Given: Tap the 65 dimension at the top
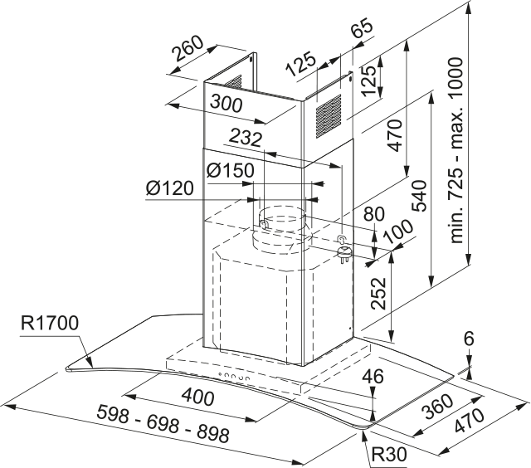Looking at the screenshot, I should (362, 31).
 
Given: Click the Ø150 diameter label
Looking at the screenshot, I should (226, 171).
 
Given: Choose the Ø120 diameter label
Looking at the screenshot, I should (169, 189).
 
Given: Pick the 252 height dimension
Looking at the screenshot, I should (379, 293).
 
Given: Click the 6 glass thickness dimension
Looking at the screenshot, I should (469, 339).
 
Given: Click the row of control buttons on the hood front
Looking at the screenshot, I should (236, 378).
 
